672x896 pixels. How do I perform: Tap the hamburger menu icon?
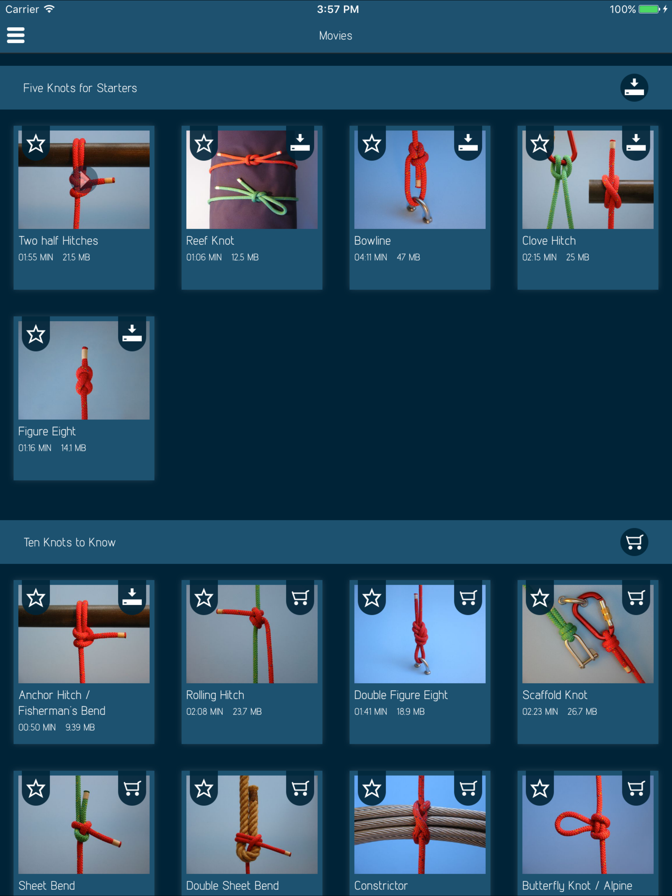tap(16, 35)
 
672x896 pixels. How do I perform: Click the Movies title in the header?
tap(336, 36)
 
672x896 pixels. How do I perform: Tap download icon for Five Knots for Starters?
tap(634, 88)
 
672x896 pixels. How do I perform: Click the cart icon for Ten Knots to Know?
tap(634, 542)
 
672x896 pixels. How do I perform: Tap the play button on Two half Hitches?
tap(83, 179)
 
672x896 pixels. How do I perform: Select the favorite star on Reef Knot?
tap(203, 143)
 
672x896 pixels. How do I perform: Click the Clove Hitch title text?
tap(549, 241)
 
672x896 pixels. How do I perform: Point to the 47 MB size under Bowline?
tap(408, 257)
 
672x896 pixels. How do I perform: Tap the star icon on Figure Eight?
tap(36, 334)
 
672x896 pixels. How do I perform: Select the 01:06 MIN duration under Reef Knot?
tap(204, 257)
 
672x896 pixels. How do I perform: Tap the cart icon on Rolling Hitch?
tap(300, 598)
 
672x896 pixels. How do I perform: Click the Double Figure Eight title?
tap(401, 695)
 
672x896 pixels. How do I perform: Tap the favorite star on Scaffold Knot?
tap(539, 598)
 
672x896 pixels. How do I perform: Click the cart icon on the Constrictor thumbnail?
tap(468, 788)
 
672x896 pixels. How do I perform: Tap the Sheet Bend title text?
tap(47, 886)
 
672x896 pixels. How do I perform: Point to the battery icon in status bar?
tap(649, 9)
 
